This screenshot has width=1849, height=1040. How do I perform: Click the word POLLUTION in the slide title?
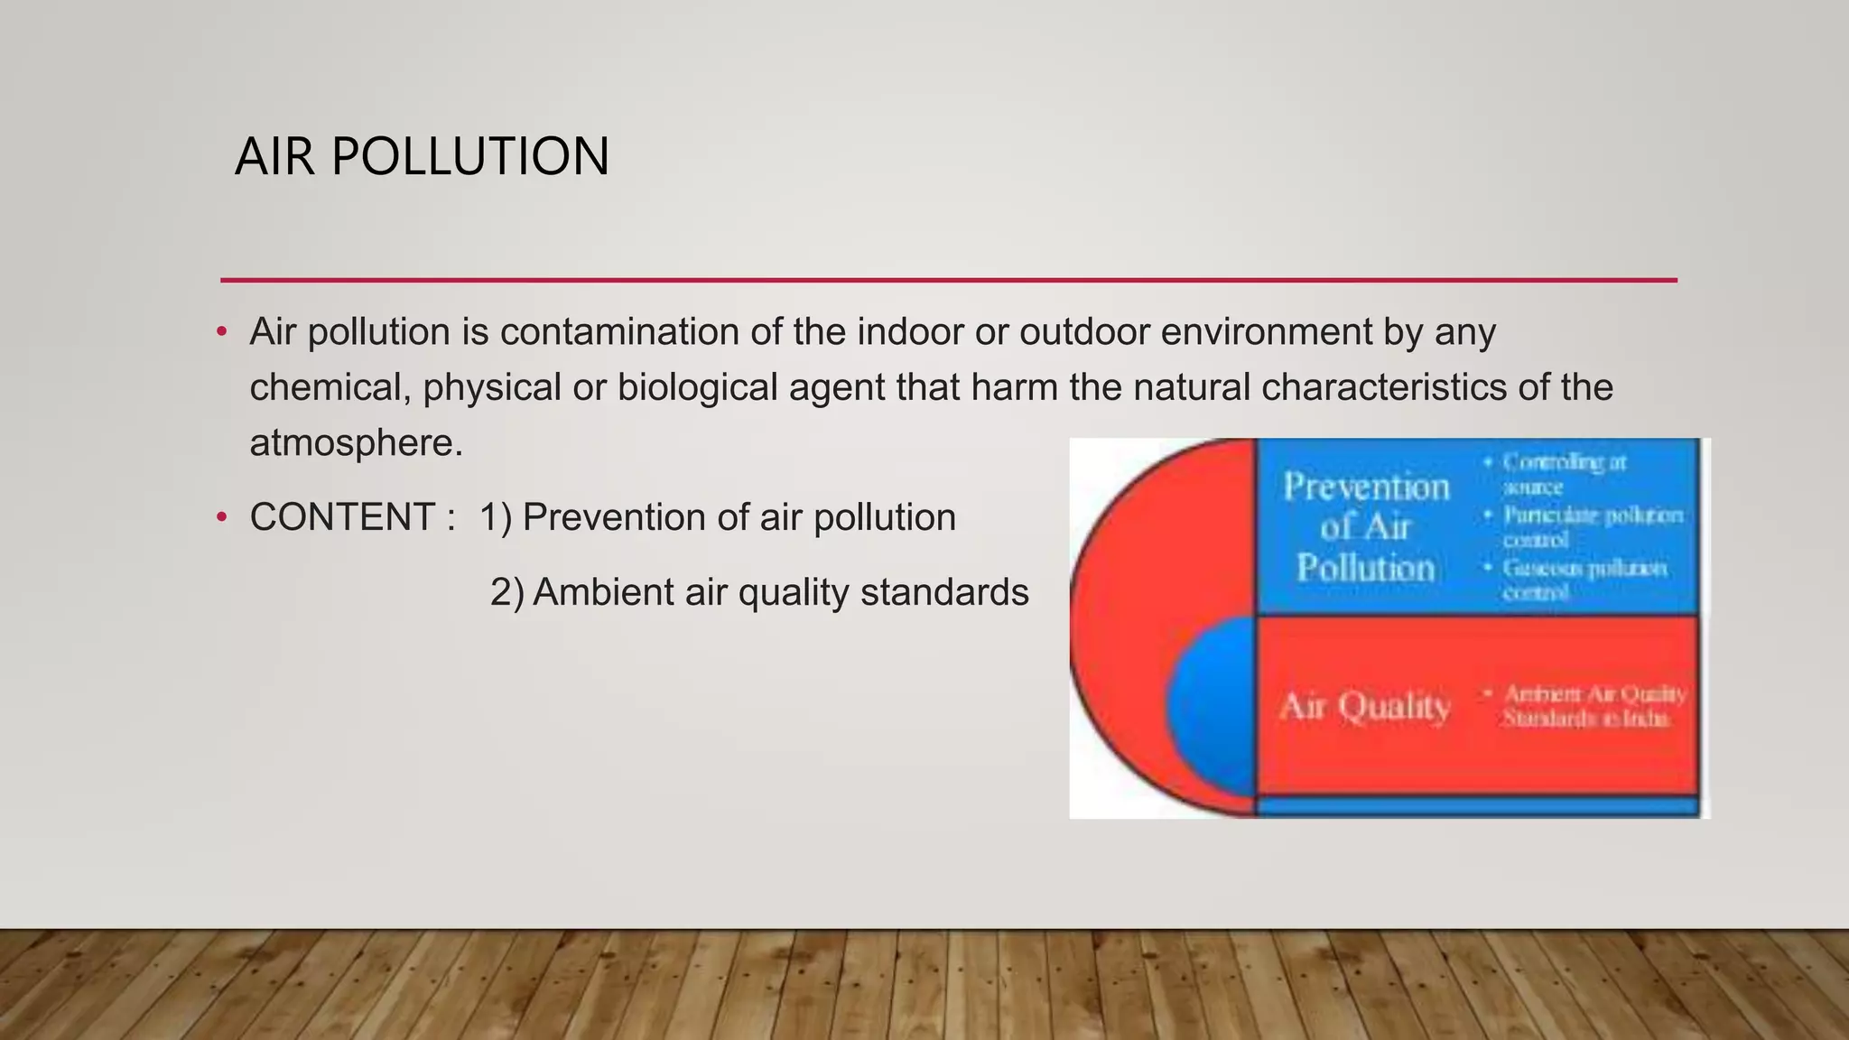(x=469, y=156)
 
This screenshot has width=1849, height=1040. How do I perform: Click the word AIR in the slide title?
(x=274, y=156)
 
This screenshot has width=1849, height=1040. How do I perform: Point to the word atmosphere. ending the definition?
(x=356, y=443)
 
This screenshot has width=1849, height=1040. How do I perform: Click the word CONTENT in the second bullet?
(x=343, y=517)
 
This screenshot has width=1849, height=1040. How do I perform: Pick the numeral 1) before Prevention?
(x=495, y=517)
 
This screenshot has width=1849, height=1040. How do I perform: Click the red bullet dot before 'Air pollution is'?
(x=222, y=332)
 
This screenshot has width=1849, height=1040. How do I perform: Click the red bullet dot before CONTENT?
(x=222, y=518)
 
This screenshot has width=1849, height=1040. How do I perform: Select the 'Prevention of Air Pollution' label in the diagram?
(x=1365, y=527)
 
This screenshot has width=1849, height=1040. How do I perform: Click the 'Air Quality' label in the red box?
(x=1364, y=706)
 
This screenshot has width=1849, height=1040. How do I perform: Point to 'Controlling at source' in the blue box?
(x=1562, y=474)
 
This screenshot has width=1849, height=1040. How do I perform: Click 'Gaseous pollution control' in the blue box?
(x=1583, y=580)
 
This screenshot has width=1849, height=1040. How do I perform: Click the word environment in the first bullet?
(x=1266, y=331)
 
